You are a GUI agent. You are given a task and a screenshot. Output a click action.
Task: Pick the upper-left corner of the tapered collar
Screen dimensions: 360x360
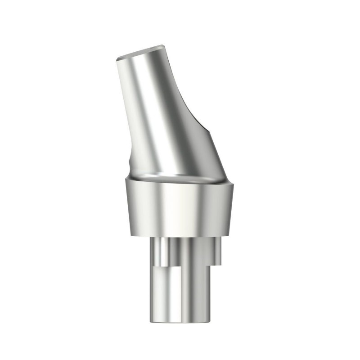(x=122, y=180)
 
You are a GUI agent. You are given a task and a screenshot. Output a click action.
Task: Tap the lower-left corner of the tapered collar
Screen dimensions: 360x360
(x=128, y=235)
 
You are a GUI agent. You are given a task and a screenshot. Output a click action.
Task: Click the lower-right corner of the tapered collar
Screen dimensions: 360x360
(x=227, y=237)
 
